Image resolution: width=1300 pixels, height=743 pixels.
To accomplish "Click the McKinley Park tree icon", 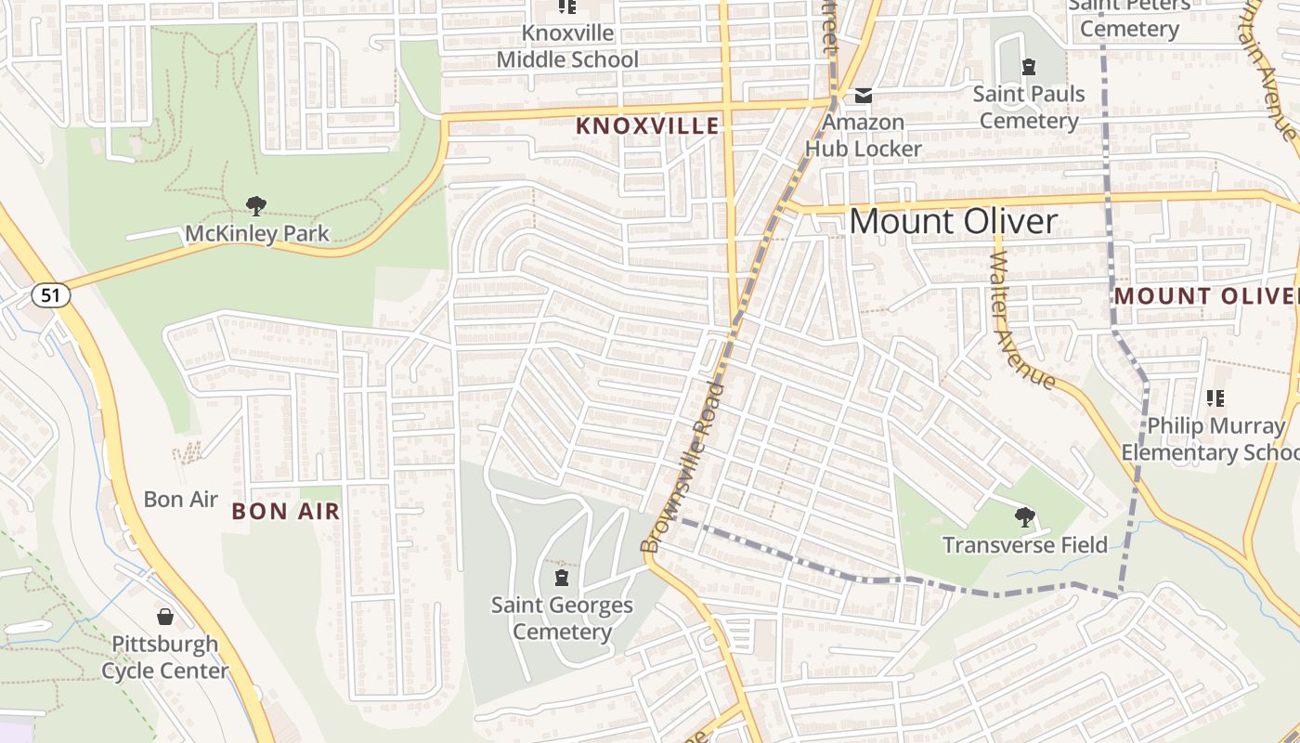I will coord(256,205).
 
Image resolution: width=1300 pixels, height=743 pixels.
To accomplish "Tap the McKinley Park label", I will coord(256,233).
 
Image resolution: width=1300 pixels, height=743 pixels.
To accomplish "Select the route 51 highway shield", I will coord(50,295).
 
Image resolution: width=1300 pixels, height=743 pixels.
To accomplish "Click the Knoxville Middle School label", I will coord(567,46).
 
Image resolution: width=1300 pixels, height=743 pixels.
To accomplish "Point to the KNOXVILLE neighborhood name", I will coord(647,126).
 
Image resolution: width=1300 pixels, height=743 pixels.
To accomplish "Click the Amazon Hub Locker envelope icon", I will coord(864,95).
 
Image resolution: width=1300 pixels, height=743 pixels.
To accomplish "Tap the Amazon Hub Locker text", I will coord(863,136).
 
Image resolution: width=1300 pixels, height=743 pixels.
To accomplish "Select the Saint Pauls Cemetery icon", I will coord(1028,67).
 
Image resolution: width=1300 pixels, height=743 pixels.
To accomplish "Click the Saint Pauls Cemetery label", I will coord(1028,108).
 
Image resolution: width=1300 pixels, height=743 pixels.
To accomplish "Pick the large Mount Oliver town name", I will coord(953,221).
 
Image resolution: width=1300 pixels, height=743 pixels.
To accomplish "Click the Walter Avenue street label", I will coord(1022,312).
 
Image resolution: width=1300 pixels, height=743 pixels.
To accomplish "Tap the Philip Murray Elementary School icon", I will coord(1215,398).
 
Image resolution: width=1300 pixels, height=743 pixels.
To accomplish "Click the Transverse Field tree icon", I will coord(1025,517).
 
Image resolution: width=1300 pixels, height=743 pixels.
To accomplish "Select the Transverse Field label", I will coord(1025,545).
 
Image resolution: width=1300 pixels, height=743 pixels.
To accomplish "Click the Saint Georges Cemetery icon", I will coord(561,579).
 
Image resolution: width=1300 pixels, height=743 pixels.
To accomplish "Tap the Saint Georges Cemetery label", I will coord(562,619).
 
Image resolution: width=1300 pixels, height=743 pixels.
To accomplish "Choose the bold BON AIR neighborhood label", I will coord(286,512).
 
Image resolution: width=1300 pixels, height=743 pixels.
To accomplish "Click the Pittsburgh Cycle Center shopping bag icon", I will coord(164,617).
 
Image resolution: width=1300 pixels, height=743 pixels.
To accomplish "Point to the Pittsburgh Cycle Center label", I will coord(164,657).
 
